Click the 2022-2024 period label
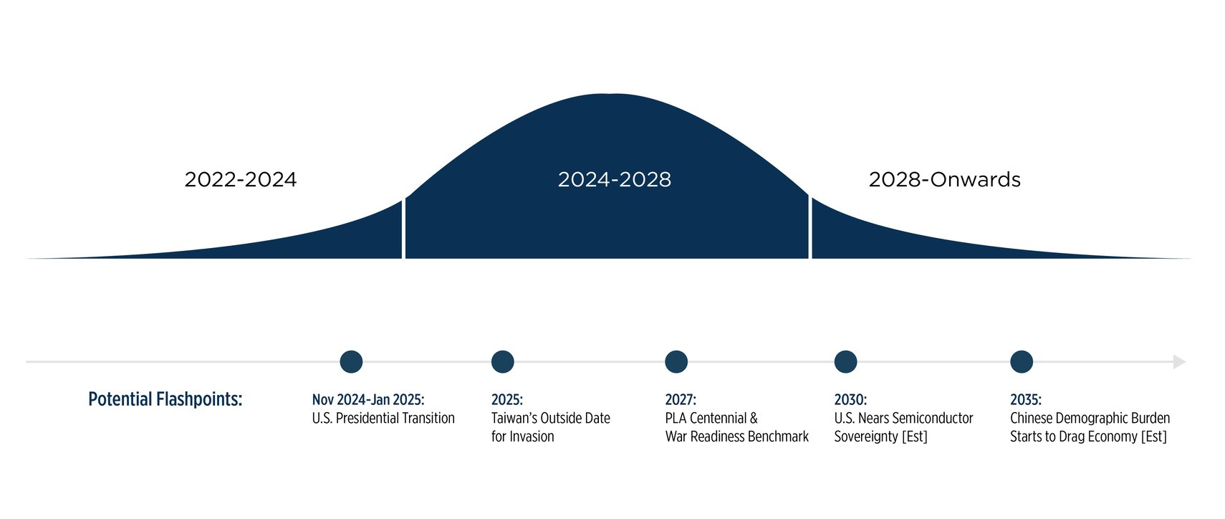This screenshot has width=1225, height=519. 241,179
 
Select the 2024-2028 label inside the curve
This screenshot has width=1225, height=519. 614,179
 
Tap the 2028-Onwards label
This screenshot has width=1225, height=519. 944,179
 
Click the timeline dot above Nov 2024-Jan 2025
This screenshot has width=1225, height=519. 351,362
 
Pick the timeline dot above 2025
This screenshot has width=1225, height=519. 503,362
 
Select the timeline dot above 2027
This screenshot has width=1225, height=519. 676,362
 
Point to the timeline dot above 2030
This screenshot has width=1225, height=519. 846,362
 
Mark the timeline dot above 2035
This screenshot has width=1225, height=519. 1022,362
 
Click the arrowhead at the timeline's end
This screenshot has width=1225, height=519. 1179,362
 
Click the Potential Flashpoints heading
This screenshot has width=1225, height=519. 165,399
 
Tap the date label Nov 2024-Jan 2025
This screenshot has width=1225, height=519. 368,400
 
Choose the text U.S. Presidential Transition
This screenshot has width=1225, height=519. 383,419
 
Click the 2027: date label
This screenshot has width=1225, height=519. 681,400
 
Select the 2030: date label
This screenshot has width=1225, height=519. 850,400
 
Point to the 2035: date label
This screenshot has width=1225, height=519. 1026,400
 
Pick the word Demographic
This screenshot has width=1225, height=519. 1094,419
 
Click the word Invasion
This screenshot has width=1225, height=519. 532,437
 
